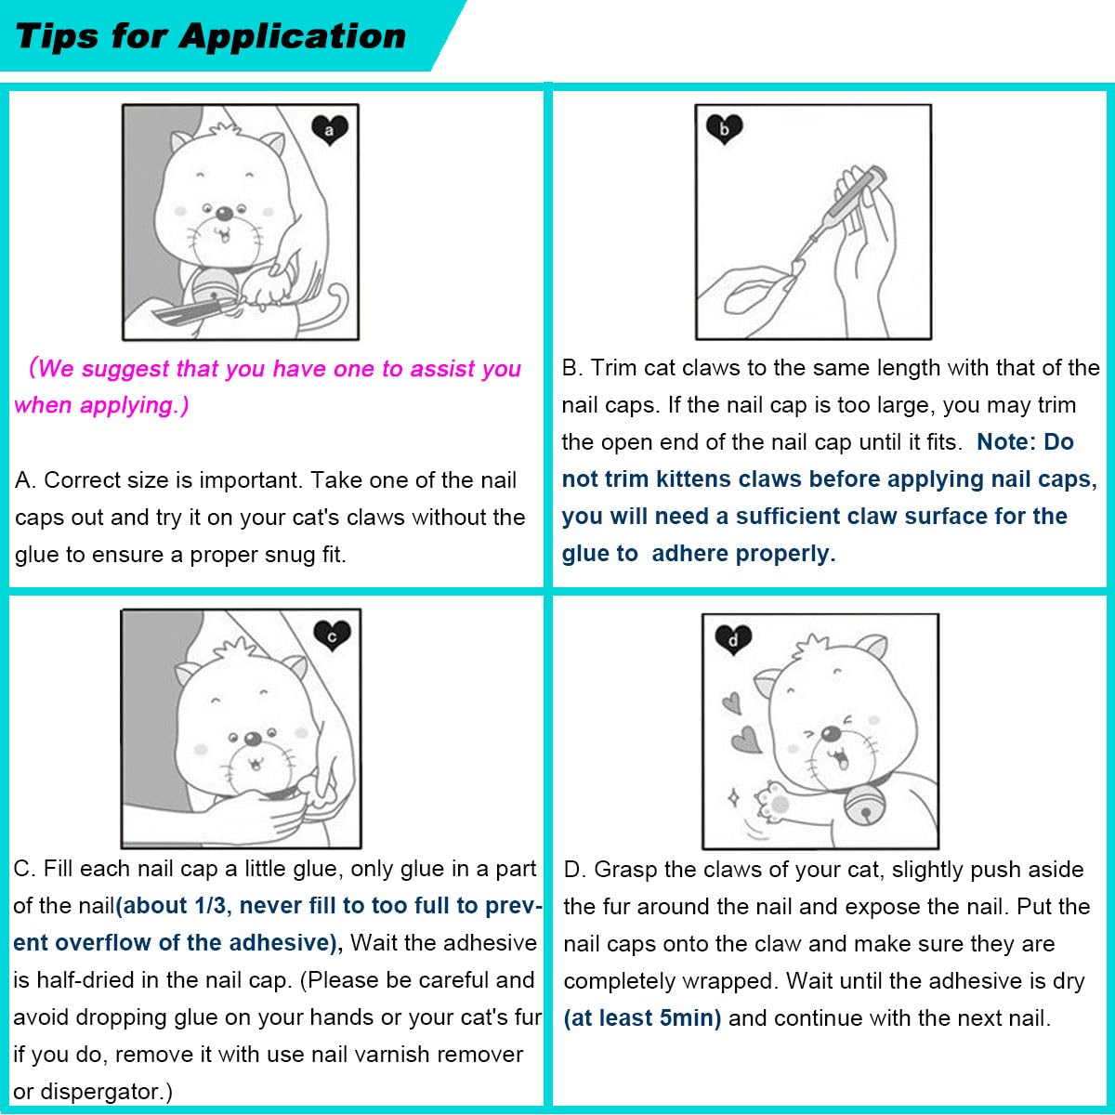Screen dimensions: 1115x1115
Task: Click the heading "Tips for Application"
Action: point(211,36)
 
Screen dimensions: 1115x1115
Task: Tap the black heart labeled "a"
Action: point(329,130)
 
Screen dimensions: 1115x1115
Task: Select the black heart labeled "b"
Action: point(724,128)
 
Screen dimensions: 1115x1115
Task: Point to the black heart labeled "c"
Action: point(332,636)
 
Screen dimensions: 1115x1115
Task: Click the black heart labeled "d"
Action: point(733,638)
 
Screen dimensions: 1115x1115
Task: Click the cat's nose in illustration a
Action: point(224,214)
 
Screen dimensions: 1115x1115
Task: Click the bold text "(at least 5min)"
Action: point(642,1018)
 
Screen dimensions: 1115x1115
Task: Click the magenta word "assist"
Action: point(441,369)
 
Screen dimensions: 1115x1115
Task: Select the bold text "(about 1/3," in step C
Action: point(175,906)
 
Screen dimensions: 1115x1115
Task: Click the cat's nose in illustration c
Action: point(252,740)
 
